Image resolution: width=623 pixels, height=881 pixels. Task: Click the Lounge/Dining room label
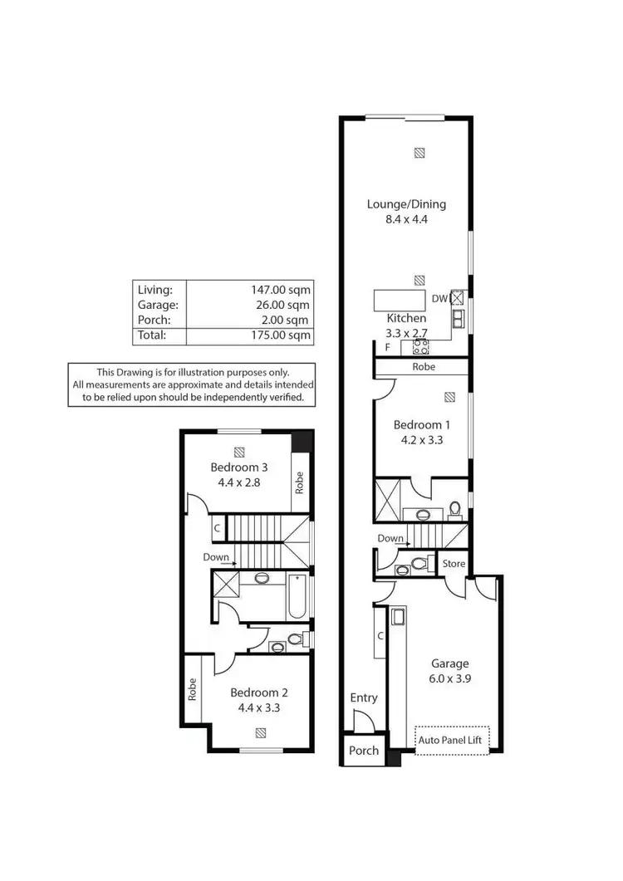click(406, 204)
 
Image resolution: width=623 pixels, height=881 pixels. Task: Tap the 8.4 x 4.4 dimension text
click(406, 220)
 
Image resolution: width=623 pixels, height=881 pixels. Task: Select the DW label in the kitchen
click(439, 298)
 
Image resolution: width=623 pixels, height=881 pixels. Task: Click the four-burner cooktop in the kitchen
click(420, 347)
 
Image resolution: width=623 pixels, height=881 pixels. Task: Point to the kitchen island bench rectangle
click(399, 298)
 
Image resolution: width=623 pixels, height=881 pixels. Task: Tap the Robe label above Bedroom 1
click(422, 366)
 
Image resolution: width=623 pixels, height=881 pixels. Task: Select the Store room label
click(454, 564)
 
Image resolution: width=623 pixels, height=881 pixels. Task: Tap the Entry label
click(363, 697)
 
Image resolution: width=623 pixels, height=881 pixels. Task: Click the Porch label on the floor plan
click(363, 750)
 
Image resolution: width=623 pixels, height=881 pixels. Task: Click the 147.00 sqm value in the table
click(280, 290)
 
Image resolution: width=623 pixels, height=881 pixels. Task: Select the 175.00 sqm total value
click(280, 335)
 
